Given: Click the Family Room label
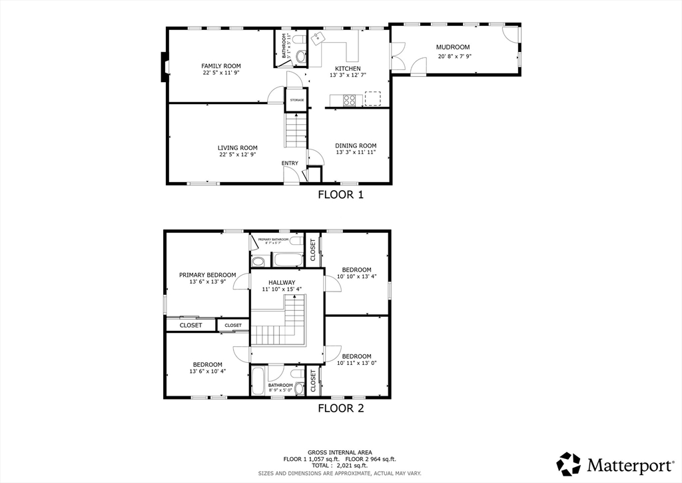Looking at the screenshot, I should point(221,66).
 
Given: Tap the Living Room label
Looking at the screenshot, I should point(237,148).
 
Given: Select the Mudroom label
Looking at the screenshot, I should point(453,47).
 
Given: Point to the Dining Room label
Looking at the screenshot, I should point(356,146).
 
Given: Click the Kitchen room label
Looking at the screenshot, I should point(348,69).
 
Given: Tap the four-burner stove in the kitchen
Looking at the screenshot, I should point(349,100).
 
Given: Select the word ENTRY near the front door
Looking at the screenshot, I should point(290,163).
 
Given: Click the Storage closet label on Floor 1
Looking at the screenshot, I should point(296,100).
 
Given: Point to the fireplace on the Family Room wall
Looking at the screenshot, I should point(163,67).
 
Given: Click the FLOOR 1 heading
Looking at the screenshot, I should point(340,195).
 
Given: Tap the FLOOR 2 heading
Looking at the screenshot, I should point(340,408).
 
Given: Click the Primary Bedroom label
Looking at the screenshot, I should point(207,275).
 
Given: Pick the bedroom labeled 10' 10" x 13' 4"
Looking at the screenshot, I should point(356,270).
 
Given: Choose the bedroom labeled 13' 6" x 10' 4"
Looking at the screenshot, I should point(207,364).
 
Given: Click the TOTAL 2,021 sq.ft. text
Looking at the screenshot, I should point(340,466).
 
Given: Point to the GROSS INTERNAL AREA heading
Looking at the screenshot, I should point(340,452).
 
